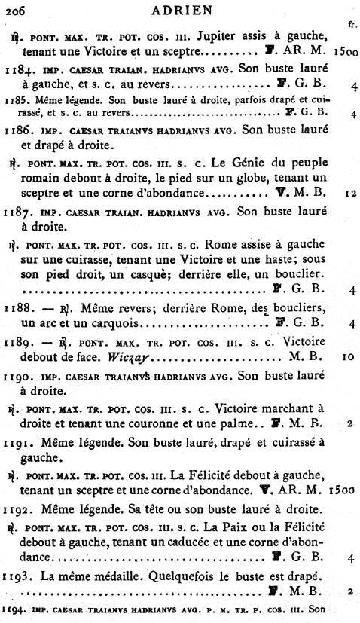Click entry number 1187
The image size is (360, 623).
pyautogui.click(x=17, y=212)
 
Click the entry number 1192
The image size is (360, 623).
pyautogui.click(x=17, y=509)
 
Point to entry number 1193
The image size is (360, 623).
pyautogui.click(x=17, y=576)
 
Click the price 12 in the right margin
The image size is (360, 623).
pyautogui.click(x=349, y=193)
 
